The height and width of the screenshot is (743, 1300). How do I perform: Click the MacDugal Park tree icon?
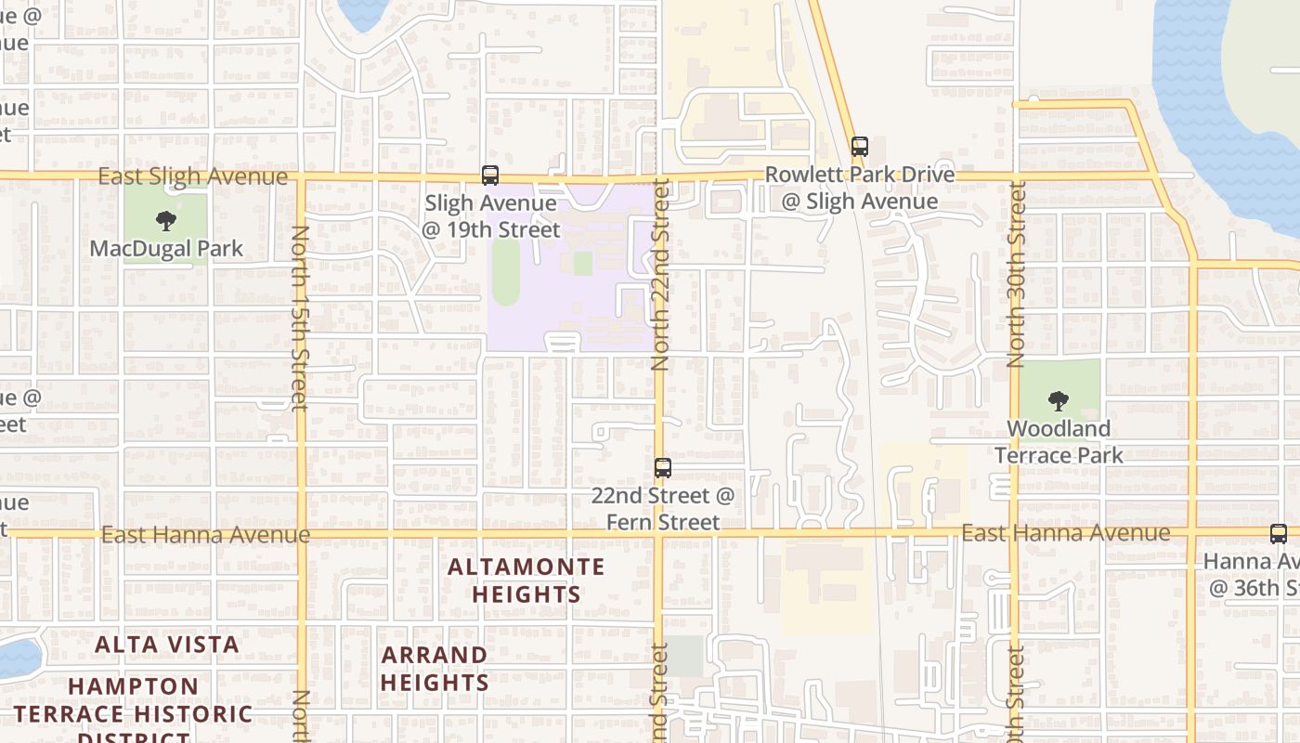(166, 221)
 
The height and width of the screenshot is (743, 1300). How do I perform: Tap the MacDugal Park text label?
(166, 249)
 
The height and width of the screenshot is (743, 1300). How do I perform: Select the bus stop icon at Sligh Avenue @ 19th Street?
(489, 175)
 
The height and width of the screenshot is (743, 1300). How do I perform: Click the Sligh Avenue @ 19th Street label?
(491, 216)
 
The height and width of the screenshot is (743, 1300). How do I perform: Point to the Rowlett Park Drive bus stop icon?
(860, 146)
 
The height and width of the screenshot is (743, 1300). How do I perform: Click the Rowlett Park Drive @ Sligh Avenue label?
(859, 188)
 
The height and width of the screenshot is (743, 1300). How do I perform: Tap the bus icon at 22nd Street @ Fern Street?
(662, 467)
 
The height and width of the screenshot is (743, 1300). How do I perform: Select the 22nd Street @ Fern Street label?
(663, 509)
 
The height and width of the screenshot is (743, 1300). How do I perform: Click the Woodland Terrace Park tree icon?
(1058, 401)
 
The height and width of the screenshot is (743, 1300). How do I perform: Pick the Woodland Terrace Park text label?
(1059, 442)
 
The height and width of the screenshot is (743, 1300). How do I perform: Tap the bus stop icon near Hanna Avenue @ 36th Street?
(1279, 533)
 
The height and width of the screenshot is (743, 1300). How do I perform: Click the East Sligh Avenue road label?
(193, 176)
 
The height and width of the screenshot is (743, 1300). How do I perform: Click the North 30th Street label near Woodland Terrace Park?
(1017, 274)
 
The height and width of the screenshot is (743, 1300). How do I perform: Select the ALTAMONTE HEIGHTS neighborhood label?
(526, 580)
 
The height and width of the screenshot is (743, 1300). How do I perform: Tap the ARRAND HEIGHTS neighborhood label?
(435, 669)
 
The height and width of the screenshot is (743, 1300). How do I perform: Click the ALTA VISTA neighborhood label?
(167, 644)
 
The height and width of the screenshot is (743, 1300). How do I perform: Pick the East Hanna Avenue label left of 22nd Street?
(205, 535)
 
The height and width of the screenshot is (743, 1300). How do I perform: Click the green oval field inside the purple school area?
(506, 270)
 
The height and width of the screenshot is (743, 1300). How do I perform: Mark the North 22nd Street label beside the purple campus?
(660, 276)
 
